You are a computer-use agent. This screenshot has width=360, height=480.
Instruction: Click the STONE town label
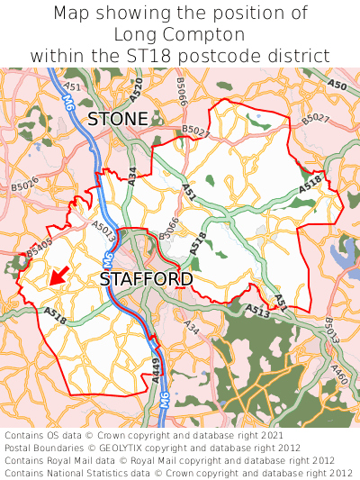pyautogui.click(x=118, y=119)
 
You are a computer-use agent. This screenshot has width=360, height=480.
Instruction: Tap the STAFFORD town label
pyautogui.click(x=146, y=280)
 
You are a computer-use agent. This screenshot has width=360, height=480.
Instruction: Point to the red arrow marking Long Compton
pyautogui.click(x=58, y=276)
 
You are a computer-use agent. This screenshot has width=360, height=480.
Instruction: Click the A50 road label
pyautogui.click(x=337, y=86)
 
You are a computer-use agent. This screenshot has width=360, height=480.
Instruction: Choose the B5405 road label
pyautogui.click(x=40, y=249)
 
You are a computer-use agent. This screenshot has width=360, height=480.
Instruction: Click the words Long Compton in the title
pyautogui.click(x=180, y=35)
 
